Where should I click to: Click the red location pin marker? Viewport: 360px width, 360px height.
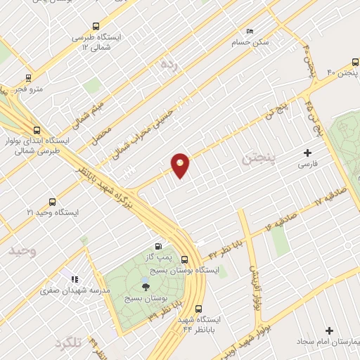(x=181, y=165)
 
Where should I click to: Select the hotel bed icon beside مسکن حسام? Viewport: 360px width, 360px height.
(x=250, y=32)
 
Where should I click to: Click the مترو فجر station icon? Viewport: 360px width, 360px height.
(x=28, y=78)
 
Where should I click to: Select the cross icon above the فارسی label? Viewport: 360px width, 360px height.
(x=307, y=153)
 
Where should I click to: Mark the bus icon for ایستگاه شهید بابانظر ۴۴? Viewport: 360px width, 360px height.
(x=198, y=308)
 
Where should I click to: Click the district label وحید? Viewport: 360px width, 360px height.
(x=22, y=250)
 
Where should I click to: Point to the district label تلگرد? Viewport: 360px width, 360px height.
(x=68, y=343)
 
